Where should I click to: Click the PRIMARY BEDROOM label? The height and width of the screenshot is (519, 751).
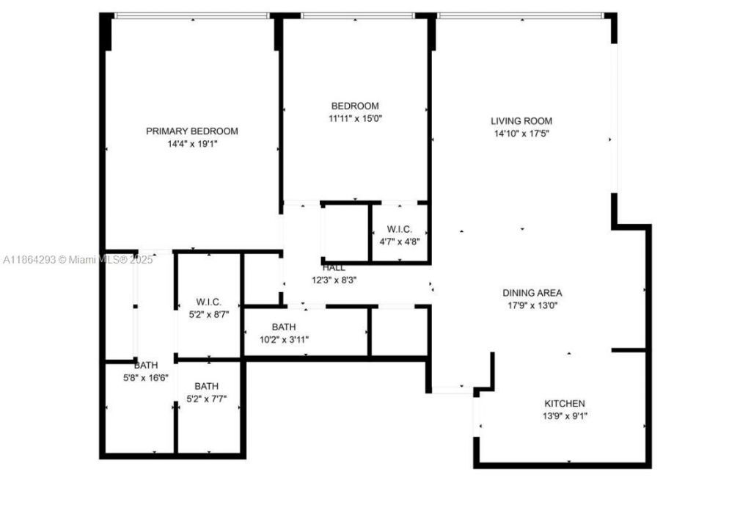(x=192, y=131)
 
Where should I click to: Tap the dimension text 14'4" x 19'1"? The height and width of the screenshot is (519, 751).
(x=192, y=145)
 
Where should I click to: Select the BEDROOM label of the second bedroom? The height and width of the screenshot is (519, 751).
(x=355, y=106)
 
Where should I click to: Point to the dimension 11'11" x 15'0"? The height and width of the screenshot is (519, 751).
(x=355, y=118)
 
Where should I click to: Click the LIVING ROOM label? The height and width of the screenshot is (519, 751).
(x=521, y=121)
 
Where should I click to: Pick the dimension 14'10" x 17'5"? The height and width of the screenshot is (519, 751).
(x=521, y=134)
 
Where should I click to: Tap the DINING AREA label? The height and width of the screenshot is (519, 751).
(x=532, y=293)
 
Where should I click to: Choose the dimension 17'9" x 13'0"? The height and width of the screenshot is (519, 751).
(x=532, y=306)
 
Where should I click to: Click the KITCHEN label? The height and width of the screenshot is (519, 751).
(x=564, y=404)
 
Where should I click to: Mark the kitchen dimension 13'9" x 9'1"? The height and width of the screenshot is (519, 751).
(x=564, y=416)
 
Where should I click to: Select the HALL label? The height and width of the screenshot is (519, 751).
(x=334, y=268)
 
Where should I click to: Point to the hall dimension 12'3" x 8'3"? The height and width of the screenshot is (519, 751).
(x=334, y=280)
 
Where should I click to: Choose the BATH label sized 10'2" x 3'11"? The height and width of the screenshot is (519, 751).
(x=284, y=327)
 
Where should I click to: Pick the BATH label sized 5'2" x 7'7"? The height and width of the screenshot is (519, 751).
(x=207, y=386)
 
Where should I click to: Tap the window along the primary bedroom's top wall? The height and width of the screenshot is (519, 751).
(x=191, y=16)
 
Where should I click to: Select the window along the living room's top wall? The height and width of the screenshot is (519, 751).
(x=520, y=15)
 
